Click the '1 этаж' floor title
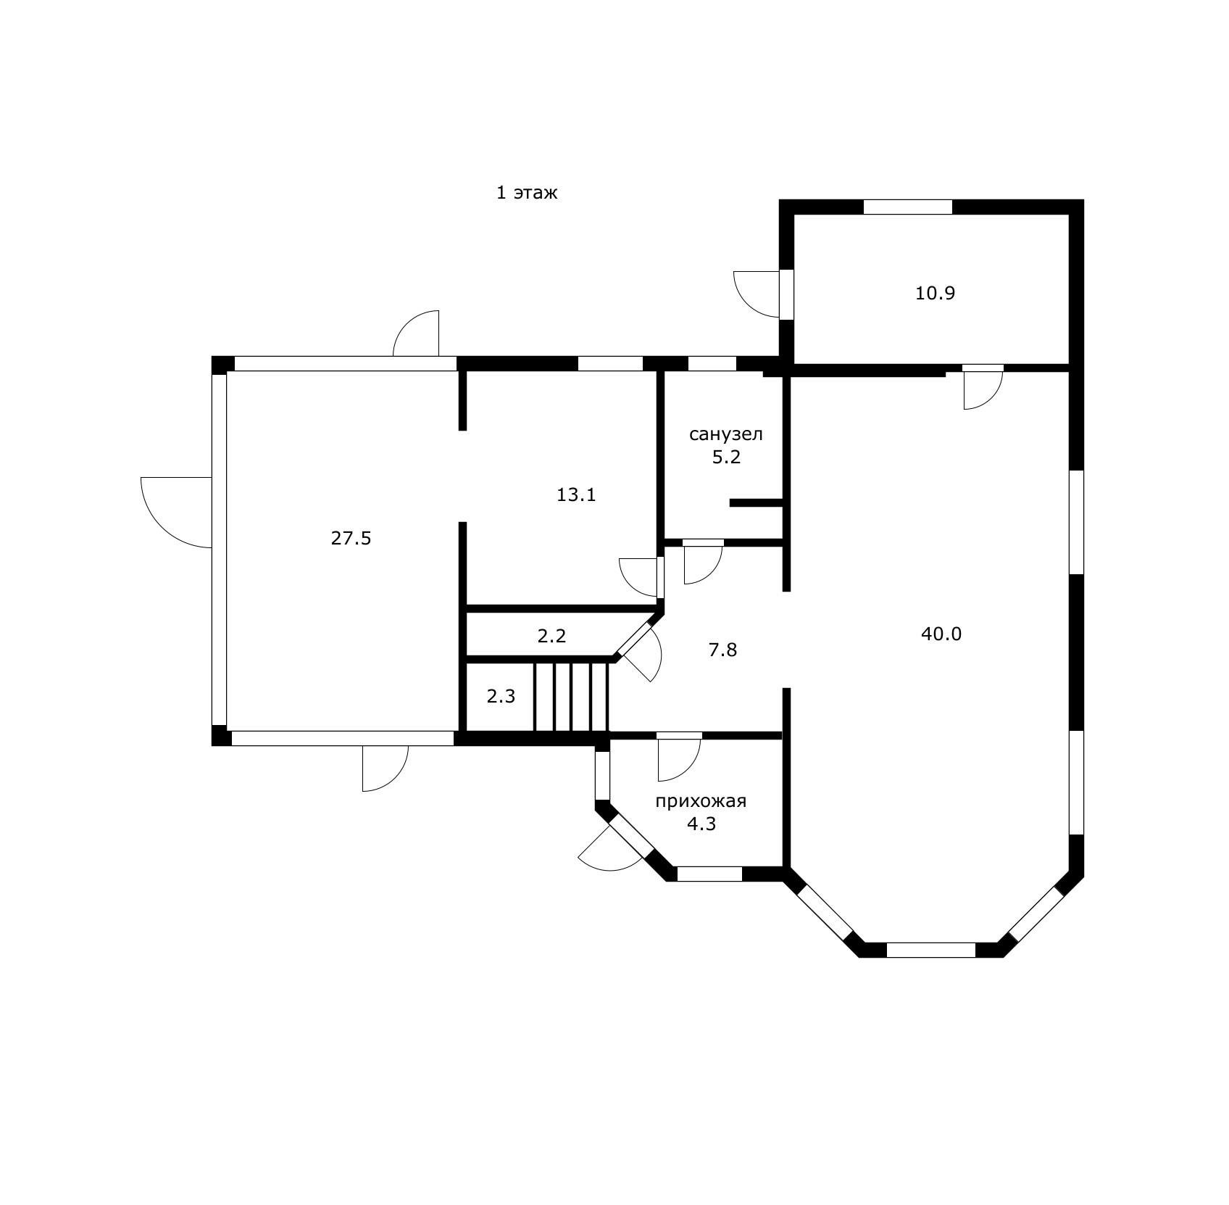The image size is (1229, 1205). (527, 193)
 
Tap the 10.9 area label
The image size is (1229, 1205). (936, 294)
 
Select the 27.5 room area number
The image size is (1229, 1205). (351, 538)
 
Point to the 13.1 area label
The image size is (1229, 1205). (576, 494)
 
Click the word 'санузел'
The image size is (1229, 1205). (726, 435)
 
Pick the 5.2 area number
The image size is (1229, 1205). (726, 457)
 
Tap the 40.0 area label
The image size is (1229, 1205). (941, 634)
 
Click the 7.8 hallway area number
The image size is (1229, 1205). (722, 650)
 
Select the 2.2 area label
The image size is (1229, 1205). (551, 636)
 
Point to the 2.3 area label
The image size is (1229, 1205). (501, 697)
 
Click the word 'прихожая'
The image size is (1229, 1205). (701, 801)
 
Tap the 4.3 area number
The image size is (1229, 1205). (701, 824)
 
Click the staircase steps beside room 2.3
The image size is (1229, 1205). (572, 696)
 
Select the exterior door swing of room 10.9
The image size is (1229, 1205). (757, 294)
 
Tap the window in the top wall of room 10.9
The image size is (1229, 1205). (907, 207)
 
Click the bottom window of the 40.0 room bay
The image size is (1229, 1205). (931, 950)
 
